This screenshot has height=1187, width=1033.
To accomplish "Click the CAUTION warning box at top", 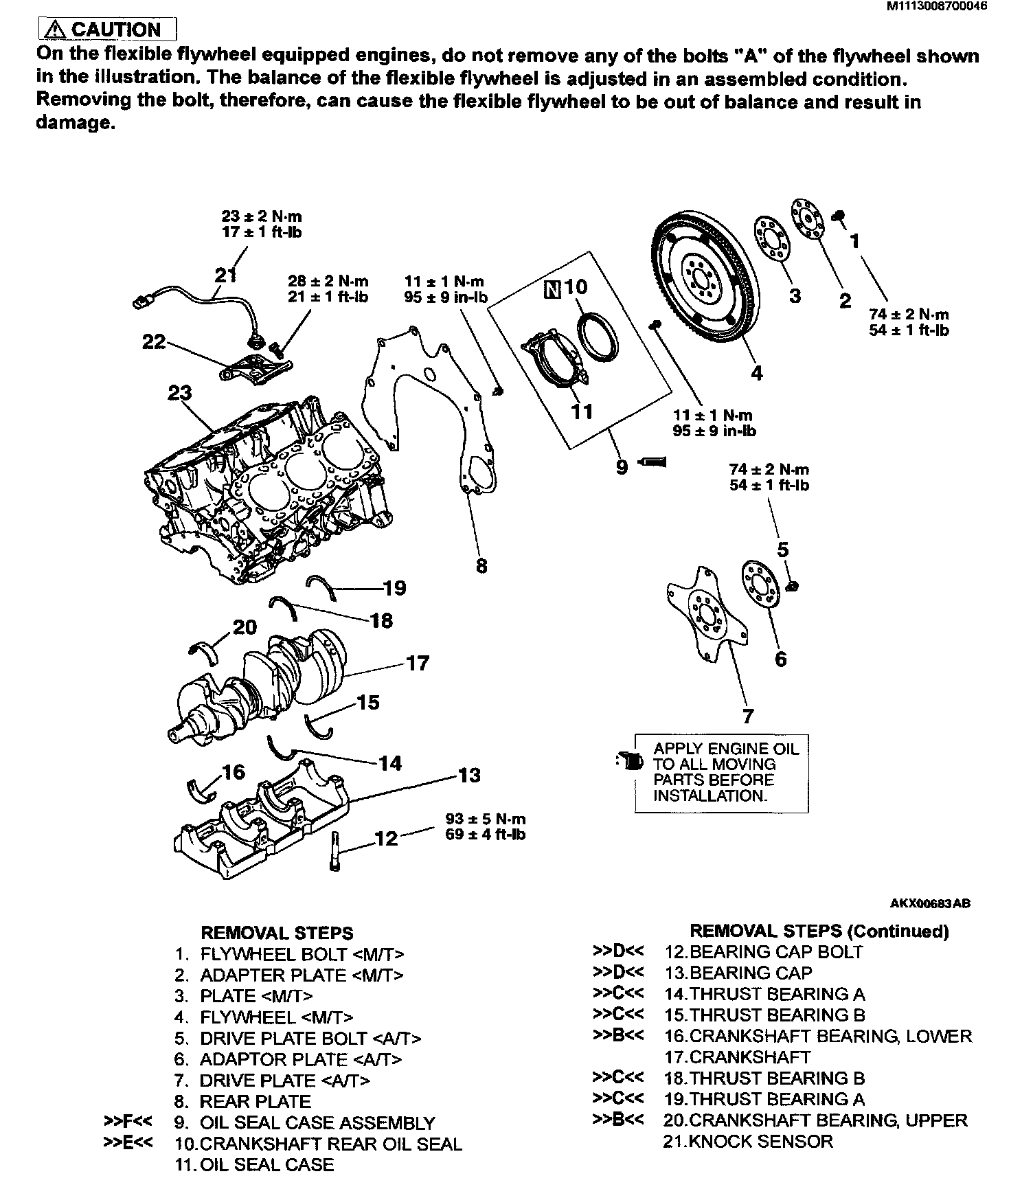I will (108, 30).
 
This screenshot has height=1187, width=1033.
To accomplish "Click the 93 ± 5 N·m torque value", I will (485, 819).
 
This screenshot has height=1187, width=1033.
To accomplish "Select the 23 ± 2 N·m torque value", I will (262, 216).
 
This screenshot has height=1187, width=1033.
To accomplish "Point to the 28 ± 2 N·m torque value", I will (328, 281).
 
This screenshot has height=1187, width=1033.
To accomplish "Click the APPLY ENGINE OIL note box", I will (721, 773).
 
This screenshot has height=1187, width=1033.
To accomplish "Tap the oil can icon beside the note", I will (628, 760).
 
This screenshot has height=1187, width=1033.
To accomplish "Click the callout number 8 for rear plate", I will (481, 566).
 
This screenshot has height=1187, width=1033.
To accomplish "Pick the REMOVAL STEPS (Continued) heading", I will (819, 931).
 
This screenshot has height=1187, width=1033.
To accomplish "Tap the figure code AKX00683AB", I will (931, 904).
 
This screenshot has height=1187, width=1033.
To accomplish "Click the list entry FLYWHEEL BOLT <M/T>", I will (302, 954).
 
